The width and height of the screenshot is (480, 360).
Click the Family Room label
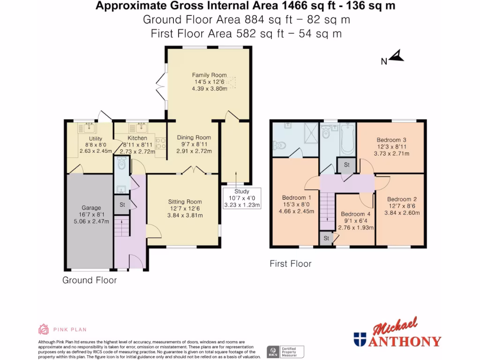pos(210,75)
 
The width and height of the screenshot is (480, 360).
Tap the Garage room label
pos(91,208)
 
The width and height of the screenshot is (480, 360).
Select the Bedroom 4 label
pos(356,214)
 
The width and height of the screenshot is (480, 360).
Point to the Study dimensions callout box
pos(242,198)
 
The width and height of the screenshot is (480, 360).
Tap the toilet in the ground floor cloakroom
pos(122,164)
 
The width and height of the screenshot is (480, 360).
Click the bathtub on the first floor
pos(347,138)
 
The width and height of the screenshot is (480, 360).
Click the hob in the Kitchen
pos(161,143)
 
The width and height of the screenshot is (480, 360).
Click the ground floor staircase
pos(122,226)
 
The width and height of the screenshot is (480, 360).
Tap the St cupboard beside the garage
pos(122,204)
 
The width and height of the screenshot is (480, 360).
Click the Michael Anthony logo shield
pos(360,339)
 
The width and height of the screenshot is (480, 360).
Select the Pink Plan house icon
pos(44,330)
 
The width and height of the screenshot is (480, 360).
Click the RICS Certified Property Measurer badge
pos(285,352)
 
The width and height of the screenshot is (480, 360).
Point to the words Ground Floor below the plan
pos(90,280)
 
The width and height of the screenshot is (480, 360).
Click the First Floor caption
pos(291,263)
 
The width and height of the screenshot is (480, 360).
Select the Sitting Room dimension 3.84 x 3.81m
pos(185,215)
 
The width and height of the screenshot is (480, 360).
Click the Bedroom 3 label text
pos(391,140)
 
